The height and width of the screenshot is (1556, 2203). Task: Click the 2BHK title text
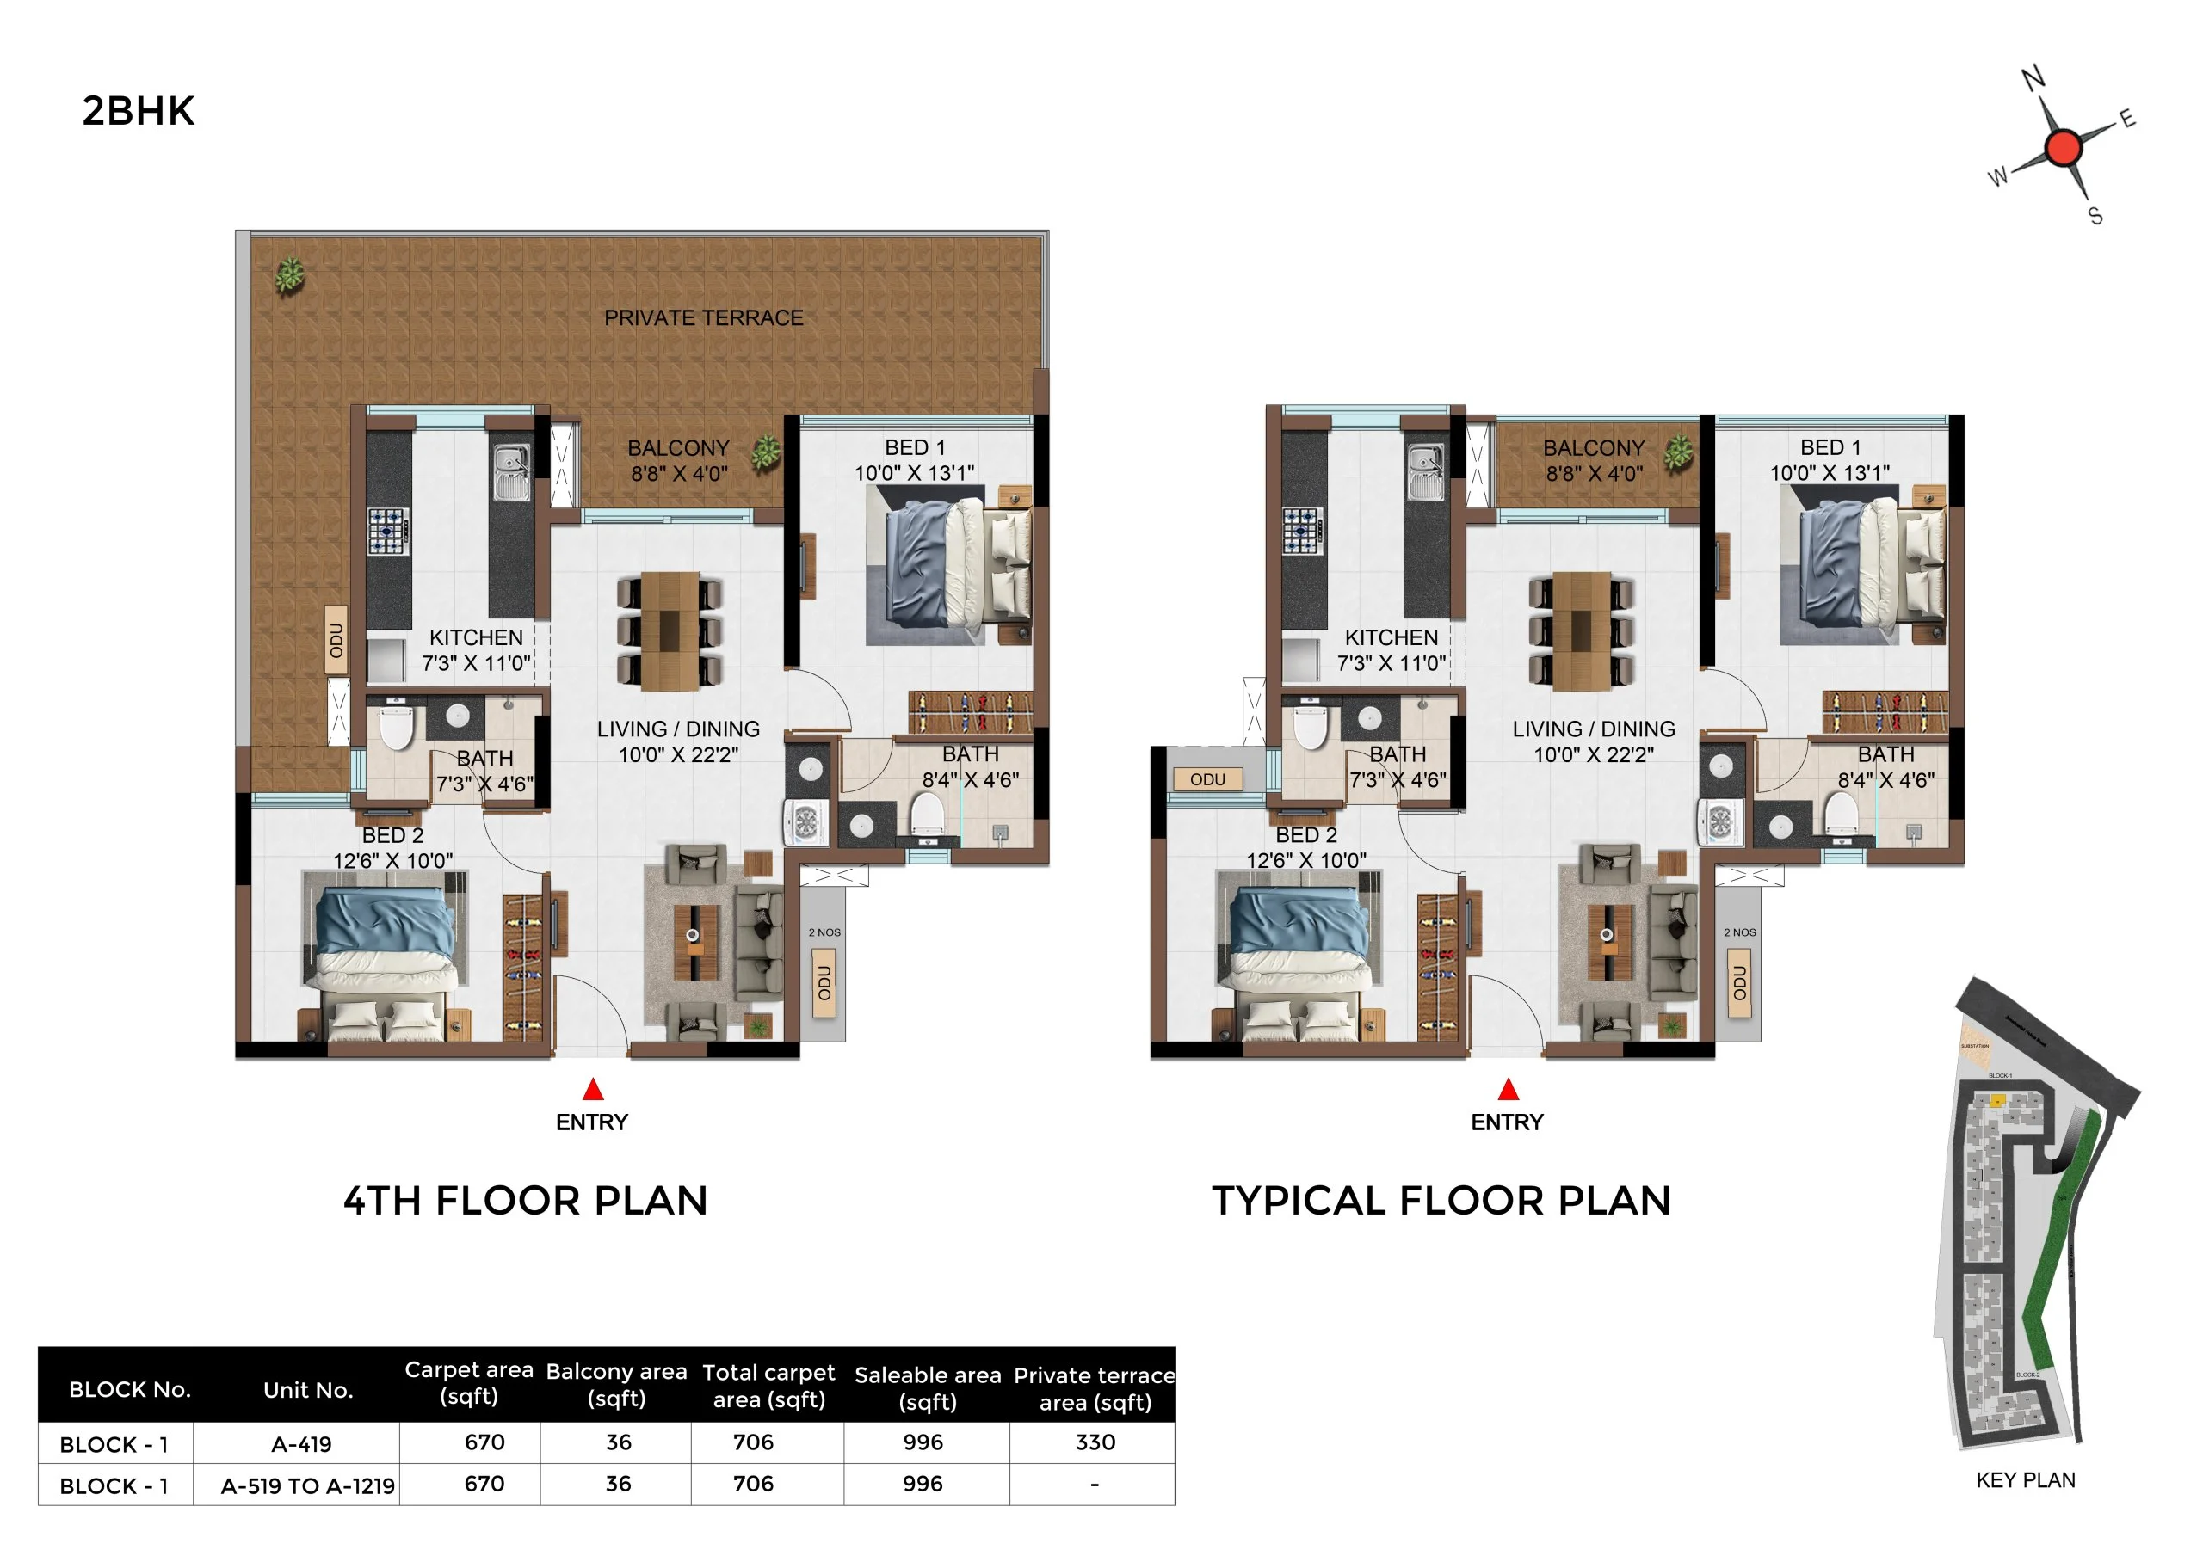139,111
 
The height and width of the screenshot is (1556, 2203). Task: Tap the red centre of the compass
2063,148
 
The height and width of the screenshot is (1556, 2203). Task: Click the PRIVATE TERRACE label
703,317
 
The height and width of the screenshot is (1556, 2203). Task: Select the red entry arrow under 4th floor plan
593,1089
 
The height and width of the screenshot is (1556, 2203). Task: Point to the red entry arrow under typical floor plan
1509,1089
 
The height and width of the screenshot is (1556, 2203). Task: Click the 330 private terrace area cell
1095,1442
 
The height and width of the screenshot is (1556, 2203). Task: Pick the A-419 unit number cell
301,1444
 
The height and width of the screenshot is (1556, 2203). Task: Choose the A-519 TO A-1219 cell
307,1486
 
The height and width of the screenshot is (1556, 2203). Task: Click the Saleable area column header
927,1387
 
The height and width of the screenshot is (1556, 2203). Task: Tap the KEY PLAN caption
2025,1480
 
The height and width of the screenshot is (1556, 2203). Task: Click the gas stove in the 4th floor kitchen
389,531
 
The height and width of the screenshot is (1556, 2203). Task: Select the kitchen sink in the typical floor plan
1425,471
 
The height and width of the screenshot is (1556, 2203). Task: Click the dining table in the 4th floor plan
670,630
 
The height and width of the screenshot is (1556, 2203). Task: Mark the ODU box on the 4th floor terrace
336,640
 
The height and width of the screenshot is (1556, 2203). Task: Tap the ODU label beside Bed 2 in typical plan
1207,779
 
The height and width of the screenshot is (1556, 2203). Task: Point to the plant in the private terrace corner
290,275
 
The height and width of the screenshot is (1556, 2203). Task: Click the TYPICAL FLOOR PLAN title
1441,1200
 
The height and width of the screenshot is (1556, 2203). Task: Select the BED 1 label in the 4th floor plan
915,447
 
